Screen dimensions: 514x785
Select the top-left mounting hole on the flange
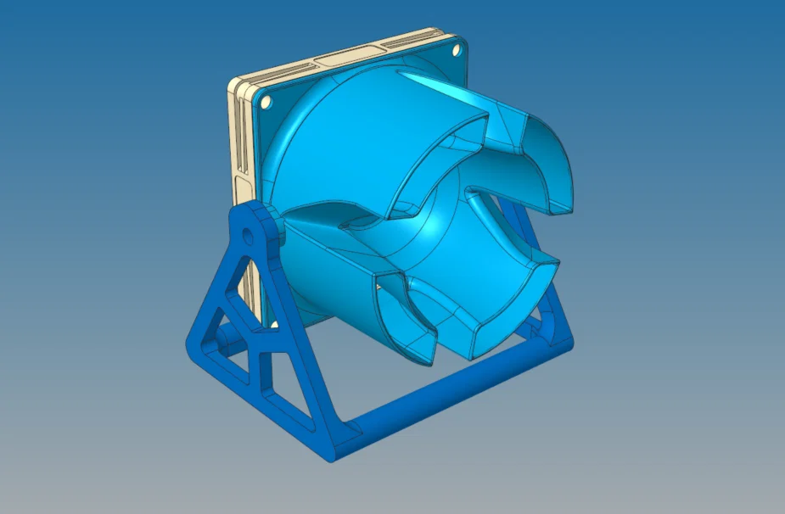[x=266, y=102]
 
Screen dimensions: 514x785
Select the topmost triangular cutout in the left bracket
[x=247, y=280]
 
